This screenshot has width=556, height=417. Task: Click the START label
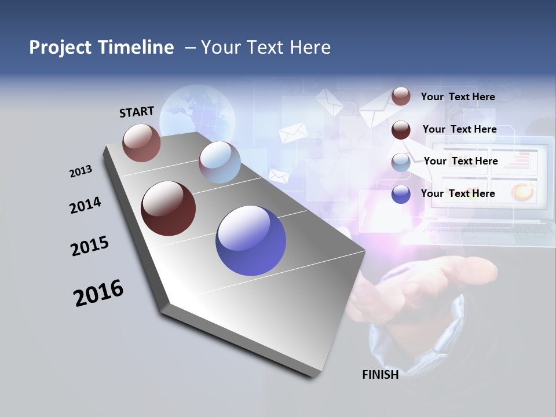137,112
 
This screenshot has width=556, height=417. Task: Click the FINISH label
380,375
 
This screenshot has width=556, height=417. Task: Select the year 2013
81,171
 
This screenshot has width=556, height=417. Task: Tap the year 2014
85,206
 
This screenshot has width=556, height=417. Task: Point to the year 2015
90,246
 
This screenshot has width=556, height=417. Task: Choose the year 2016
98,293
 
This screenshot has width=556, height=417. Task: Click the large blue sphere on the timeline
251,240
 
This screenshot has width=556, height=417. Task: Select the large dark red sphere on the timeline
168,209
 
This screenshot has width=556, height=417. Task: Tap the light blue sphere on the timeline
220,162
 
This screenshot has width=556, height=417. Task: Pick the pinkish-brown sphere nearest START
141,142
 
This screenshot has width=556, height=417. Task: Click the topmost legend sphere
401,96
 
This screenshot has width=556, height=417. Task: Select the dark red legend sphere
401,130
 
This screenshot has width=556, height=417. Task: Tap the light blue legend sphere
401,163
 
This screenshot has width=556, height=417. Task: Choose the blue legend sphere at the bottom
401,194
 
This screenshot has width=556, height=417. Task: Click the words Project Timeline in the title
101,47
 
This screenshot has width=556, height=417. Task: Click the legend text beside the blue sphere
458,193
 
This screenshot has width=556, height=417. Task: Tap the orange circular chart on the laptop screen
524,191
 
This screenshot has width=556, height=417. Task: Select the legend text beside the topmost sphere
458,97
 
